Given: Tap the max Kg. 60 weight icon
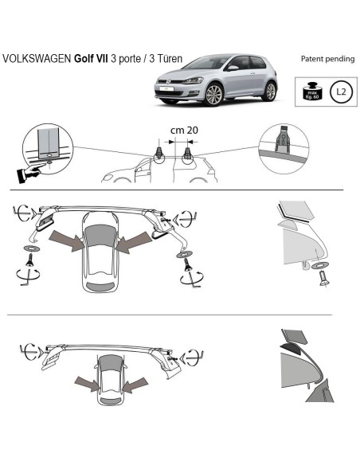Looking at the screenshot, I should [x=311, y=90].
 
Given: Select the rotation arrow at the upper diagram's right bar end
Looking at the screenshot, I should [x=186, y=215].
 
